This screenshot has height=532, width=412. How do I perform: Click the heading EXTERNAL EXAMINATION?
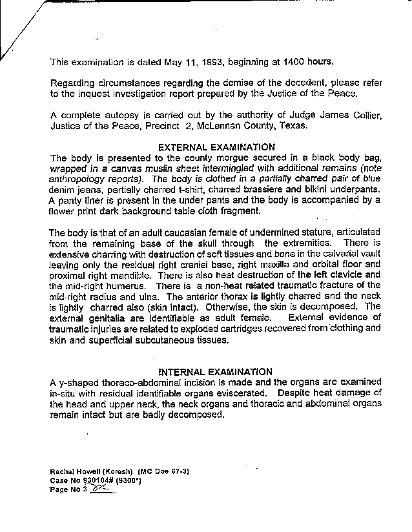216,147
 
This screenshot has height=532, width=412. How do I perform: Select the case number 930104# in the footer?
99,481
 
